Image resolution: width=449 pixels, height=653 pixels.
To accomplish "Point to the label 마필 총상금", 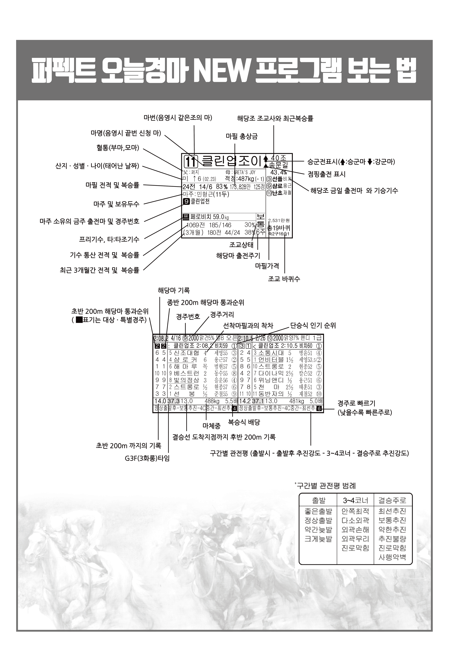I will (x=242, y=136).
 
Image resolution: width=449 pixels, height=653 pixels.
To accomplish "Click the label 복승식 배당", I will (x=244, y=422).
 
